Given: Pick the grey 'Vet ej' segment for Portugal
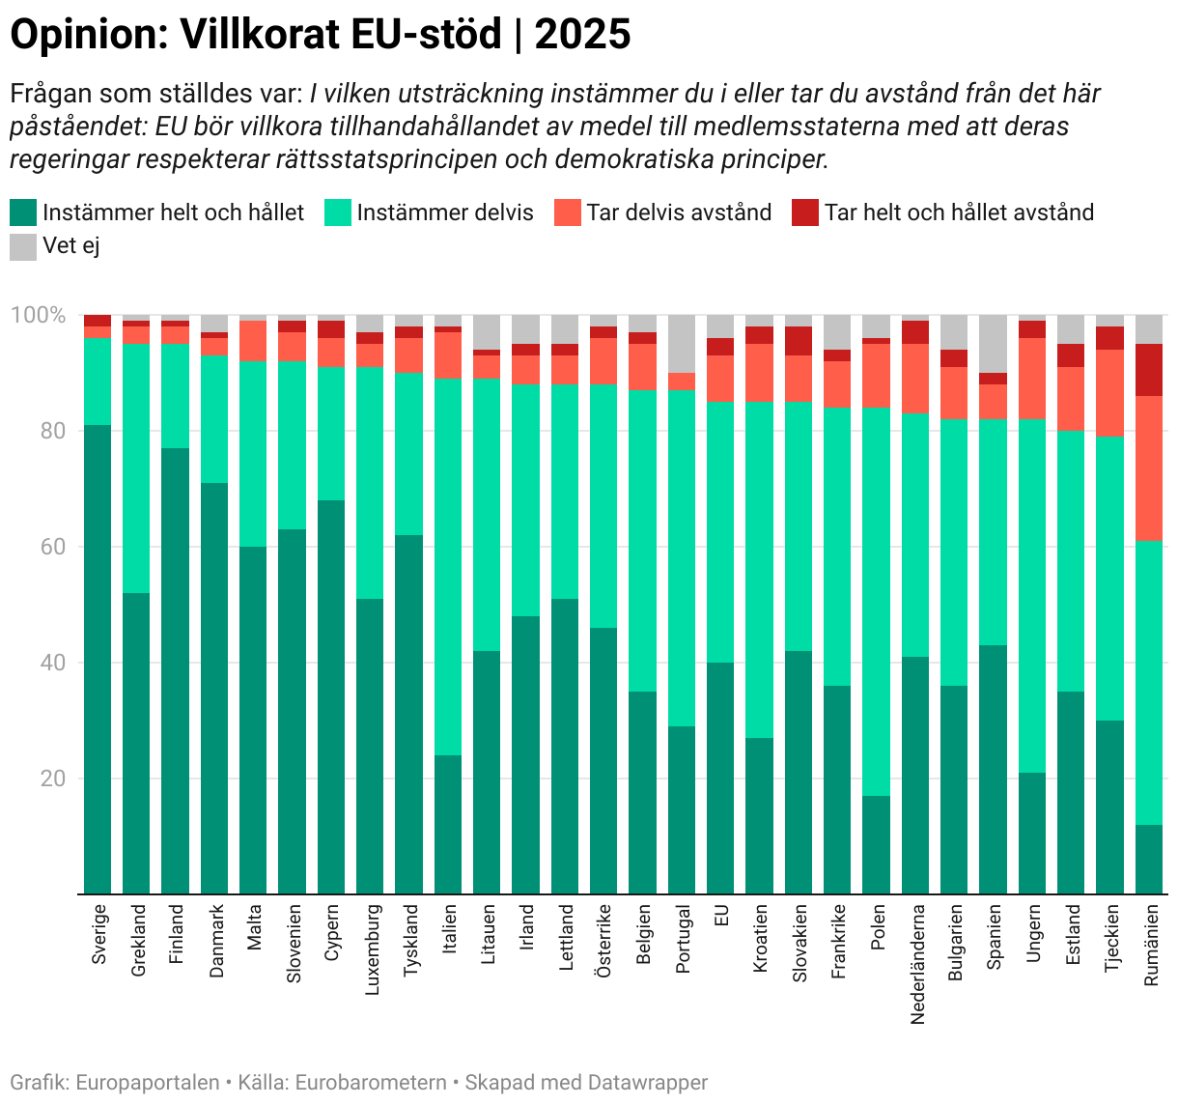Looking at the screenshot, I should tap(682, 343).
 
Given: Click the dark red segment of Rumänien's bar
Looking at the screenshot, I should tap(1149, 369).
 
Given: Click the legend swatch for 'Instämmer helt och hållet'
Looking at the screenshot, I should tap(23, 212).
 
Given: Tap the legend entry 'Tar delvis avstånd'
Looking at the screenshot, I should tap(679, 212).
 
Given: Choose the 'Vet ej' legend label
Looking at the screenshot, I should tap(71, 246).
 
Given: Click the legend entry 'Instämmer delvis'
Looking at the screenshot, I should tap(444, 212).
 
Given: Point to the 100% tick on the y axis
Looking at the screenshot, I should tap(38, 316).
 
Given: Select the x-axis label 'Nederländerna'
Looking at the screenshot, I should tap(916, 964).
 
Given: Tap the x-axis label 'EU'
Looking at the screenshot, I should tap(721, 916).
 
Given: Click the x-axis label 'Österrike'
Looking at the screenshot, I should tap(604, 941).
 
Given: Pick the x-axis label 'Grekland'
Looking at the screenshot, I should tap(138, 940).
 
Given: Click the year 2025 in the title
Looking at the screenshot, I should tap(582, 35).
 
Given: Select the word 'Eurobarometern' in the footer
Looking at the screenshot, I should tap(371, 1083).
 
